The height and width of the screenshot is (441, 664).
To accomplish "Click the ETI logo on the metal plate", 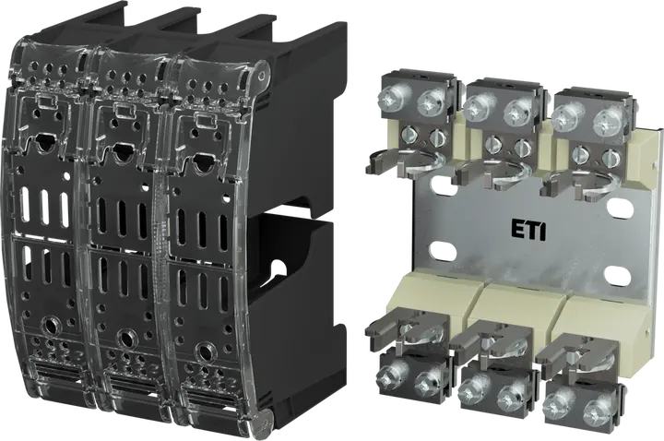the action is click(528, 232).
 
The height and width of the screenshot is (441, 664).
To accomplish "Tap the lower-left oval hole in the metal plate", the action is click(444, 251).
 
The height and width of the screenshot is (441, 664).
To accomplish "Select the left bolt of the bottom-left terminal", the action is click(387, 374).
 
